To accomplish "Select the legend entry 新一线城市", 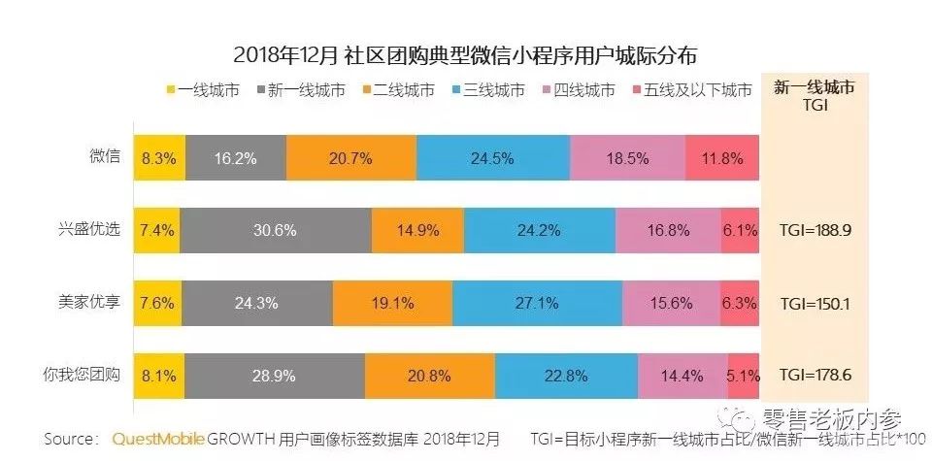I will click(x=302, y=91).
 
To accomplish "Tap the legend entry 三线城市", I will click(x=484, y=91).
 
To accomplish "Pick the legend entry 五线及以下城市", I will click(x=692, y=91).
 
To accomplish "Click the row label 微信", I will click(x=105, y=157).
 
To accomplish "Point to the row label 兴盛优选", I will click(x=89, y=230).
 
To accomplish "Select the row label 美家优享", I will click(x=89, y=303).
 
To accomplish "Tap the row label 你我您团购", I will click(x=83, y=376).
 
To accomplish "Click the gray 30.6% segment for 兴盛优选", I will click(x=276, y=230).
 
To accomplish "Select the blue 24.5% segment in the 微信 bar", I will click(x=492, y=157).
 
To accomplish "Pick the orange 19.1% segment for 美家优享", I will click(x=392, y=303).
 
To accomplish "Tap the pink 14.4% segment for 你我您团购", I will click(x=682, y=376).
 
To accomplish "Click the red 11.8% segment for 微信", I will click(x=721, y=157).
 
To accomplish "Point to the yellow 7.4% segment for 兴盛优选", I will click(x=156, y=230).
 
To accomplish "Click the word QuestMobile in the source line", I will click(x=158, y=440).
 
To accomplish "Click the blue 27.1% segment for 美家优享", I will click(x=536, y=303).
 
